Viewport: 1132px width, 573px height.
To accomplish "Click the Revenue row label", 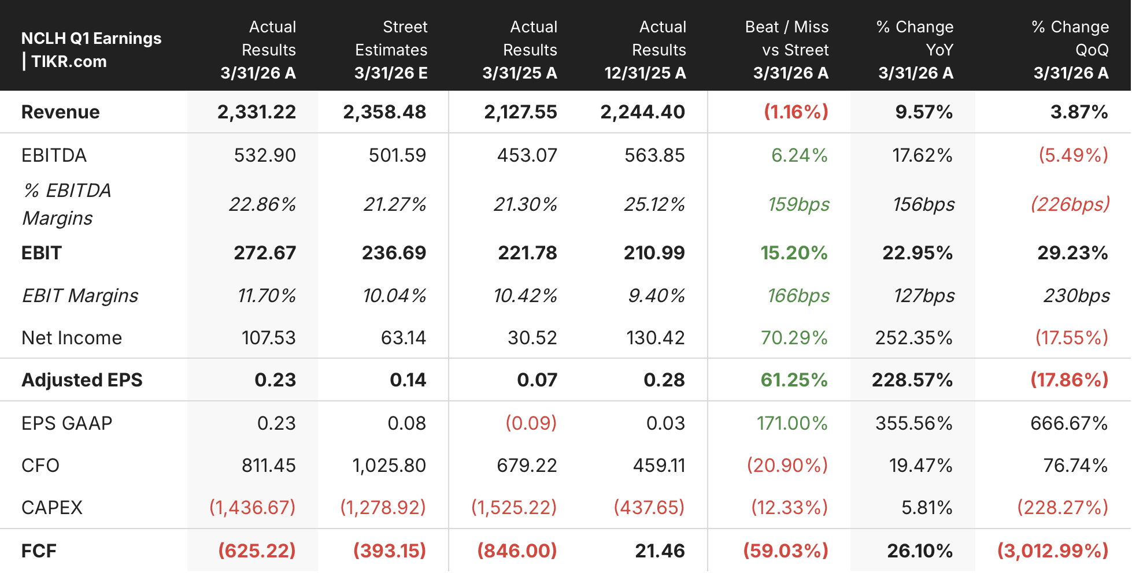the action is click(x=60, y=112).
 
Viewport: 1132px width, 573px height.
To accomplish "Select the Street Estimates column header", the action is click(x=391, y=50).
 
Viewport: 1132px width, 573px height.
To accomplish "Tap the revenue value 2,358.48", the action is click(x=384, y=112).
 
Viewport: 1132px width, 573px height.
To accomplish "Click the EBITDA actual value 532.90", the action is click(x=265, y=155).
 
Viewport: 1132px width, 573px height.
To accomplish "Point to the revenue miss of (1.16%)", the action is click(x=796, y=112).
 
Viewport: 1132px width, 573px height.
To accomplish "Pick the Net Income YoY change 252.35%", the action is click(x=913, y=338).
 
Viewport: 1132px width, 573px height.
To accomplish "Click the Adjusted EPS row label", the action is click(x=82, y=380).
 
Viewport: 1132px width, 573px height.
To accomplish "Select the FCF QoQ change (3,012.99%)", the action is click(x=1053, y=551).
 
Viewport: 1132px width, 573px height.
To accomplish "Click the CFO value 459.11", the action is click(x=659, y=466).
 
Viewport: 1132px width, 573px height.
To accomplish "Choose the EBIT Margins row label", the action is click(x=80, y=296).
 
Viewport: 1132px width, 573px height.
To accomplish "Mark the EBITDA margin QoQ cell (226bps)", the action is click(x=1070, y=204).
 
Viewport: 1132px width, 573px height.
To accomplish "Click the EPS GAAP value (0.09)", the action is click(x=531, y=423).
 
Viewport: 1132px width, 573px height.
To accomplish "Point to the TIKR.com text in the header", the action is click(x=69, y=61).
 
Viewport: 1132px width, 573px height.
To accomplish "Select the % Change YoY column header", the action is click(x=915, y=50).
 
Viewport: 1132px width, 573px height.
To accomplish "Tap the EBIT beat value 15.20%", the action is click(x=794, y=253).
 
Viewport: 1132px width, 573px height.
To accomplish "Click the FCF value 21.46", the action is click(x=660, y=551).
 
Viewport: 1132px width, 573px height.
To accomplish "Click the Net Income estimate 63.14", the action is click(x=404, y=338).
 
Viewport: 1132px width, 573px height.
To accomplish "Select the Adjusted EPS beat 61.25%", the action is click(x=794, y=380).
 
